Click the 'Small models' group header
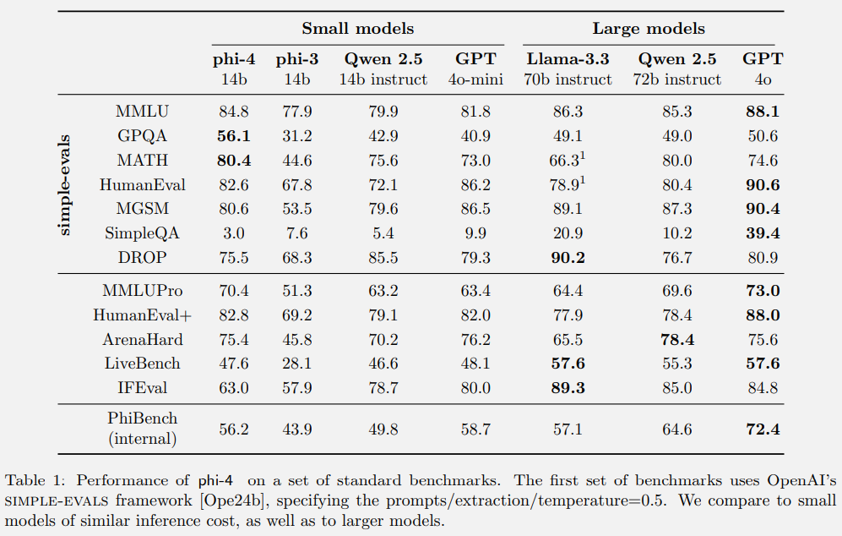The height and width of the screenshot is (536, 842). pos(358,29)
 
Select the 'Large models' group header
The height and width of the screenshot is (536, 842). pos(649,29)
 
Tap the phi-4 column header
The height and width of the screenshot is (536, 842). pos(234,59)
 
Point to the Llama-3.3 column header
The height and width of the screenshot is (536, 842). pos(568,59)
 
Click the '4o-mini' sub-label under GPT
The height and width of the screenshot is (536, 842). pos(476,79)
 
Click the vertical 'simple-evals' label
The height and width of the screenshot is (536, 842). pos(66,185)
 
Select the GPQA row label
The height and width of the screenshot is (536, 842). pos(141,135)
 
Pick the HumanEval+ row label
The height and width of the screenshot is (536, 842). pos(141,315)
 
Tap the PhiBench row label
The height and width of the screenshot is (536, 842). pos(142,418)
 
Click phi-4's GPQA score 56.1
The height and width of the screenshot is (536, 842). pos(234,135)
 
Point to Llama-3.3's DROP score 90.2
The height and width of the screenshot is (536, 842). pos(568,257)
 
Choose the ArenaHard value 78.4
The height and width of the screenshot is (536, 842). pos(677,340)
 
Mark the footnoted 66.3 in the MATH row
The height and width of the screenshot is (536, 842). pos(565,160)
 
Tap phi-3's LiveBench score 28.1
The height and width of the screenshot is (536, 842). pos(293,364)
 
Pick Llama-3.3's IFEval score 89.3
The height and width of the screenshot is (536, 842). pos(568,389)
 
